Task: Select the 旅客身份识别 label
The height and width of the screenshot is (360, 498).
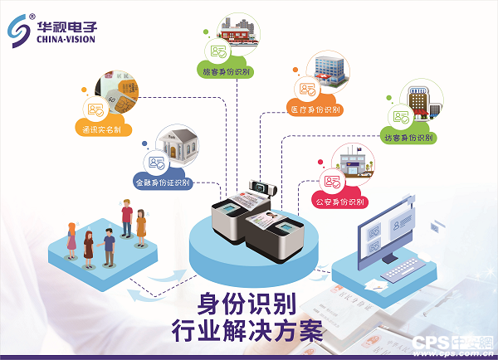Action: click(227, 73)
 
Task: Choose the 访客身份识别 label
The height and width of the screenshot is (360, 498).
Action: click(408, 138)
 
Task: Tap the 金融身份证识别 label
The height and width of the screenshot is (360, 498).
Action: click(163, 182)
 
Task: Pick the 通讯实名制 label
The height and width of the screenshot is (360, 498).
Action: click(102, 129)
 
